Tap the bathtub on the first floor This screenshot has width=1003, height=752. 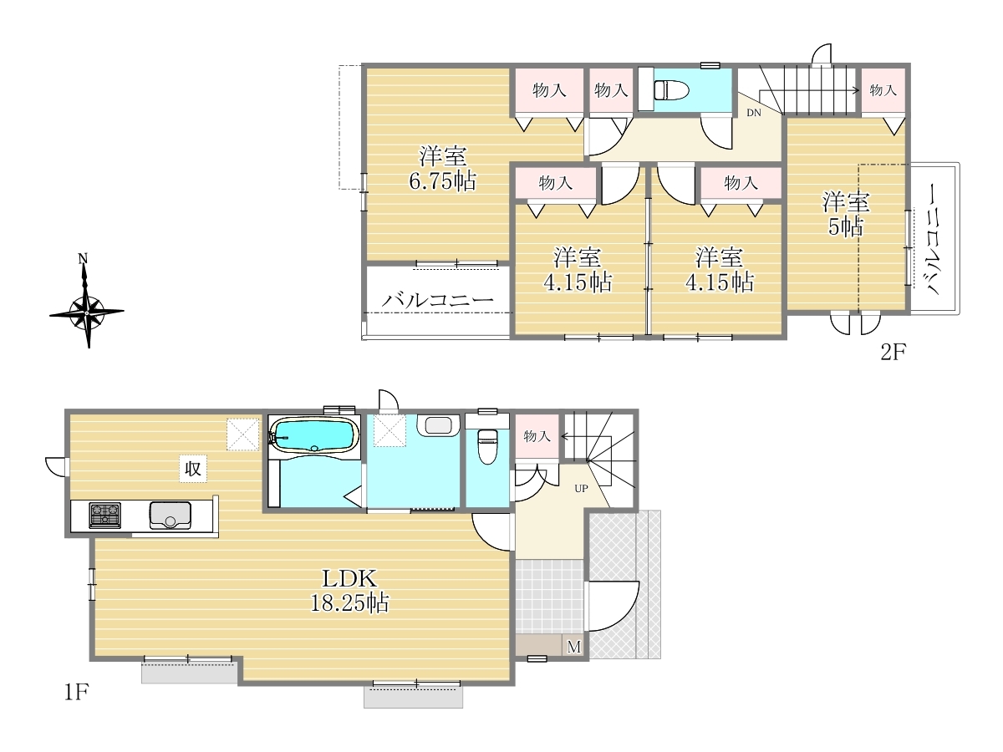click(x=314, y=436)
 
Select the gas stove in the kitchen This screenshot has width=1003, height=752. click(x=105, y=515)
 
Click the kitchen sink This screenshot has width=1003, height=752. click(x=171, y=516)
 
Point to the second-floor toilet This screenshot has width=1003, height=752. click(x=671, y=90)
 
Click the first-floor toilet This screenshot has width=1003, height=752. click(x=487, y=446)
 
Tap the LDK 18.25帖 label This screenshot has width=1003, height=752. click(x=349, y=591)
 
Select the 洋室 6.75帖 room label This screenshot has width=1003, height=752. click(x=442, y=169)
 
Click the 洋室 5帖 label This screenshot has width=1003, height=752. click(x=846, y=214)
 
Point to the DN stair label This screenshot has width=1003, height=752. click(x=754, y=113)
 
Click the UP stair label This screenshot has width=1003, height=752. click(x=581, y=489)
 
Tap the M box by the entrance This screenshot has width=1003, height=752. click(x=574, y=647)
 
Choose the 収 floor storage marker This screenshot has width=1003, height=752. click(x=193, y=469)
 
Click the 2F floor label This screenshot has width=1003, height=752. click(x=893, y=352)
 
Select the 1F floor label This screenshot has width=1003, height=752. click(x=76, y=693)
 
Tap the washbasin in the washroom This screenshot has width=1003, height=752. click(x=438, y=425)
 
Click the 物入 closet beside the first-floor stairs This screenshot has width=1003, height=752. click(x=537, y=436)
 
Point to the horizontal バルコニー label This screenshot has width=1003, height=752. click(x=438, y=300)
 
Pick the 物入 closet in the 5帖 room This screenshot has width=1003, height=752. click(x=883, y=90)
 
